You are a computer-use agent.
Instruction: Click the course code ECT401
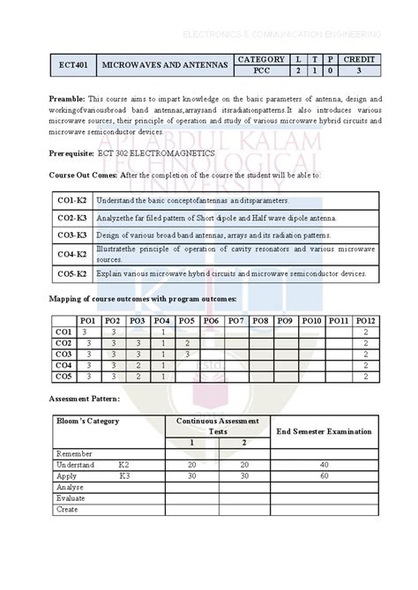71,66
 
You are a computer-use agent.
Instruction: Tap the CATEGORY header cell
262,59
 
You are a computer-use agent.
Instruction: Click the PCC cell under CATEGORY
262,71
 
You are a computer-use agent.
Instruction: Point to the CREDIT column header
360,59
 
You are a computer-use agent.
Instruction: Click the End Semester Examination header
324,431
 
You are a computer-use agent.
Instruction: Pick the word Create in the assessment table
67,509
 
